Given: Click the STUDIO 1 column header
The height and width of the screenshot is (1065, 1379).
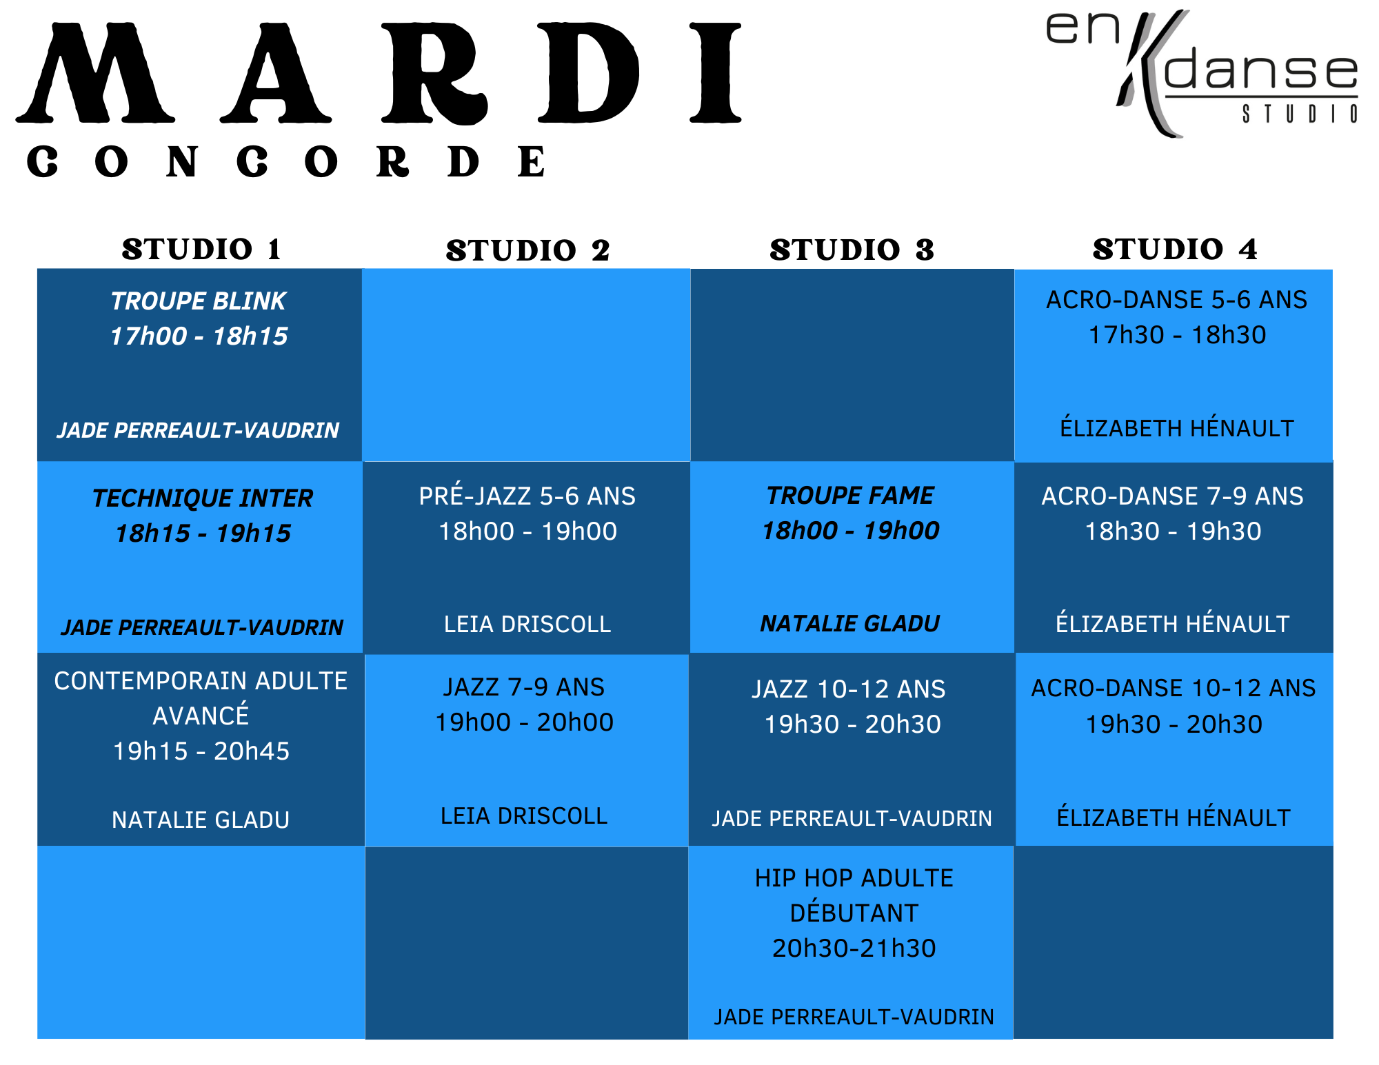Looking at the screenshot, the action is (x=201, y=250).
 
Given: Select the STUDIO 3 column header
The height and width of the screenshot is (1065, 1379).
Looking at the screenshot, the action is (x=852, y=250).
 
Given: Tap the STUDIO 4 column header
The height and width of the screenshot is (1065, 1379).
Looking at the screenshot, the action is (x=1175, y=250).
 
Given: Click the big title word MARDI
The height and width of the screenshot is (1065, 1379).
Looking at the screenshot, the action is (x=379, y=73).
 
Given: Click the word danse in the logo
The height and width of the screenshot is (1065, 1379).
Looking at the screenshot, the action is (x=1261, y=71).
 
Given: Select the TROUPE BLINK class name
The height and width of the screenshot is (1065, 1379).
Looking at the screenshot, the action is (x=199, y=301).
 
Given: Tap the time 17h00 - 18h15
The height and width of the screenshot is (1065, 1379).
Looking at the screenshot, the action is (x=199, y=336).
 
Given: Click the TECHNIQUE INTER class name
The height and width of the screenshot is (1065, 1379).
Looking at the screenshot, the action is (x=203, y=498).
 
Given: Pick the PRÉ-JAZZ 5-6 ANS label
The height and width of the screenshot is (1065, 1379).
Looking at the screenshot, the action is (x=527, y=496).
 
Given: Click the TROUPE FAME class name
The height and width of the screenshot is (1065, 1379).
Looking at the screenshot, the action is (x=851, y=496).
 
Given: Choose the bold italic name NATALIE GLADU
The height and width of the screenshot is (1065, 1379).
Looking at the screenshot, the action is (x=850, y=624).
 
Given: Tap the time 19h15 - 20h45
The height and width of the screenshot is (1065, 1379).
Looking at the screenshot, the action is (x=201, y=751).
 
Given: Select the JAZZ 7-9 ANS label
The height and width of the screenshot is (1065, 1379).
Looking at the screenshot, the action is (x=524, y=687).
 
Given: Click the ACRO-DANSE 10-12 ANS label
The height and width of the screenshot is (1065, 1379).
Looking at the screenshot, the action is (x=1174, y=688).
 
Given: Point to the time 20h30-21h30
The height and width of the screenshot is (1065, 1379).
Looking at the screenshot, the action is (x=854, y=949).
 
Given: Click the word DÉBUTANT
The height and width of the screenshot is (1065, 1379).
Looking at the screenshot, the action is (x=854, y=913).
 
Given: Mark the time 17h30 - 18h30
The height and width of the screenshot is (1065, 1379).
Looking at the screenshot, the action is (x=1177, y=335).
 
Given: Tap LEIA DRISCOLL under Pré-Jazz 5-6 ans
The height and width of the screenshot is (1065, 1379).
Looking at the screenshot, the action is (x=527, y=625).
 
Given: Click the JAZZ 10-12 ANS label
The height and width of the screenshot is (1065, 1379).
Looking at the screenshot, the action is (x=849, y=689).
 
